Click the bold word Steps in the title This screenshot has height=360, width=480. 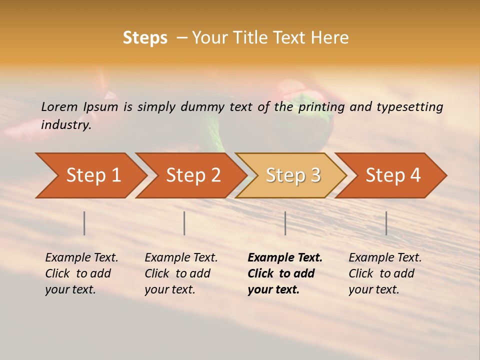coord(145,38)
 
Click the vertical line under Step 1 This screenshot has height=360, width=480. coord(84,223)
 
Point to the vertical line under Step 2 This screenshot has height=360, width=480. coord(184,223)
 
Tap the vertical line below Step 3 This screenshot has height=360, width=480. coord(285,223)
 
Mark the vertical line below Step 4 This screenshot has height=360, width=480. coord(386,223)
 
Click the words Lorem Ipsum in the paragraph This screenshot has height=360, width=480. coord(79,107)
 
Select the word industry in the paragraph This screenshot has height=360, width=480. coord(65,125)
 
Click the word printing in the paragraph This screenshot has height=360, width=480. coord(321,107)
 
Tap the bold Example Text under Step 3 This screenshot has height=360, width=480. coord(285,258)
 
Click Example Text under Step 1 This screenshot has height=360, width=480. coord(81,258)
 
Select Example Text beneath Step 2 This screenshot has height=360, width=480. coord(181,258)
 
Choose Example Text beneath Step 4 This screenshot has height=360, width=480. coord(385,258)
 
